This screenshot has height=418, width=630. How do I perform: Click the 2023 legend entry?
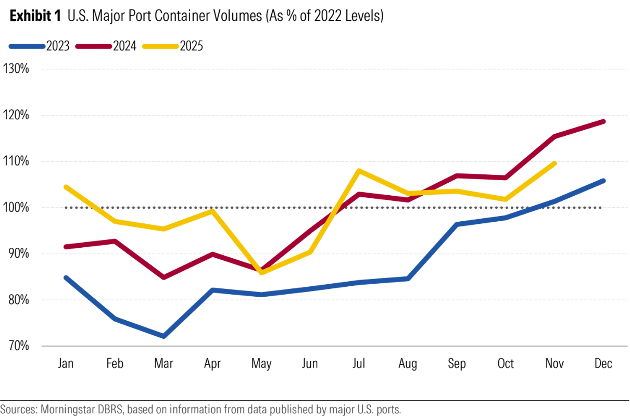[x=39, y=46]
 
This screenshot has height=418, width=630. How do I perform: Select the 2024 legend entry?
[x=106, y=46]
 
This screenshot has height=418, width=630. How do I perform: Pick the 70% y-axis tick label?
[x=17, y=346]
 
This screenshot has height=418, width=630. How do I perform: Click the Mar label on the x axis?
[x=163, y=363]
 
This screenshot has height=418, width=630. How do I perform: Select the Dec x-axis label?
[x=603, y=363]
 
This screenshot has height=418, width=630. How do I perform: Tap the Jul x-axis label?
[x=359, y=363]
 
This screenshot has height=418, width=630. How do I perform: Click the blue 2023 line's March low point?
[x=163, y=336]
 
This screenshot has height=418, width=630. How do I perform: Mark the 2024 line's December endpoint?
[x=603, y=122]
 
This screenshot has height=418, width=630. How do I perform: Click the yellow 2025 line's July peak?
[x=359, y=171]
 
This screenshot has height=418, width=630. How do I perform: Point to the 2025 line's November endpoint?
[x=554, y=163]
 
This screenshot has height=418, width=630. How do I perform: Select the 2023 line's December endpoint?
[x=603, y=181]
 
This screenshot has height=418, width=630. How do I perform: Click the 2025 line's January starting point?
[x=66, y=187]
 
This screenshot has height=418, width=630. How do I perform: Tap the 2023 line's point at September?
[x=457, y=224]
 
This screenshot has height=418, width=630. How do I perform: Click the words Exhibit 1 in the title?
[x=36, y=16]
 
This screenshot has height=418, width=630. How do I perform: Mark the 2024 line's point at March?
[x=163, y=277]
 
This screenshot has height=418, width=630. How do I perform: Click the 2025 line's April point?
[x=212, y=211]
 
